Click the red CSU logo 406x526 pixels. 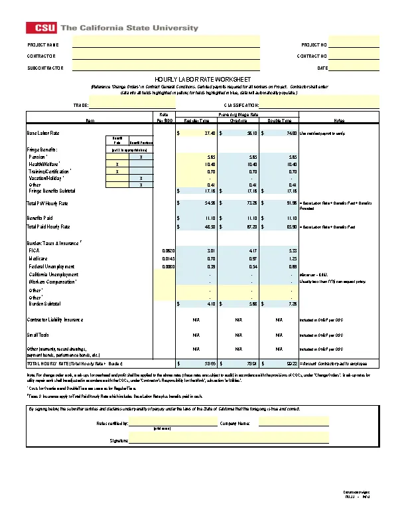tap(41, 28)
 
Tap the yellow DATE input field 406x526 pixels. tap(354, 68)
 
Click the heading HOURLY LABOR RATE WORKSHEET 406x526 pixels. tap(202, 79)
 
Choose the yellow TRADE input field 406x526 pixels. tap(132, 105)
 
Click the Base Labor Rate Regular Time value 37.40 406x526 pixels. tap(210, 133)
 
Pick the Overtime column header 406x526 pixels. tap(238, 121)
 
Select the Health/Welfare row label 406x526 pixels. tap(44, 164)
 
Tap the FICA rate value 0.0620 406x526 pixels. tap(168, 250)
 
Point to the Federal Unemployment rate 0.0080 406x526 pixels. tap(168, 266)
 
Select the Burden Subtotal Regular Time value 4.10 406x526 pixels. tap(210, 304)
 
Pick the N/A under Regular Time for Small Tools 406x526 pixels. tap(196, 334)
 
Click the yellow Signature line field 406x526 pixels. tap(229, 440)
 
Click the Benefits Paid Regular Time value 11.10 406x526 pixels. tap(210, 218)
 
